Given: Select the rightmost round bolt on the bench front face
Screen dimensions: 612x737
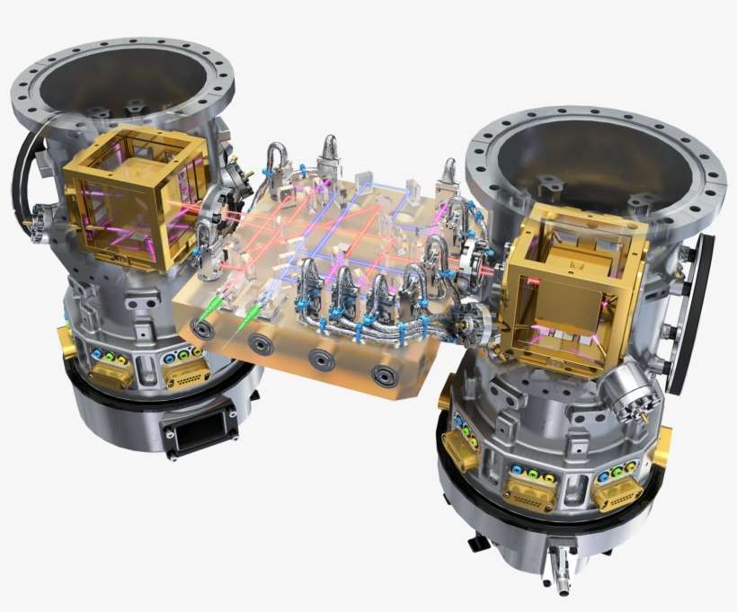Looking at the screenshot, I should [x=387, y=377].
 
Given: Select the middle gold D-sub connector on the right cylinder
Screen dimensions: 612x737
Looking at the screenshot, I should [x=529, y=490].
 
